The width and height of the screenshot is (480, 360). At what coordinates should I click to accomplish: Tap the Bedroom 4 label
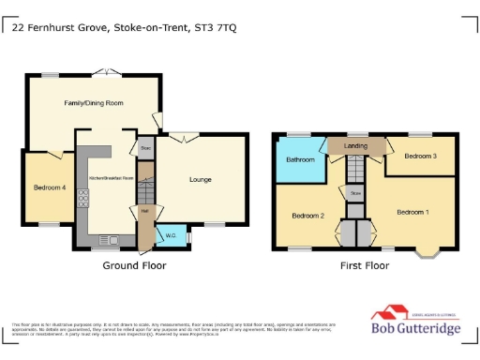[51, 187]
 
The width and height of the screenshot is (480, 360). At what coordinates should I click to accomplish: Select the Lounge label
[200, 179]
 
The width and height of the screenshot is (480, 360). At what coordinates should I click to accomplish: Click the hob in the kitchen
[82, 199]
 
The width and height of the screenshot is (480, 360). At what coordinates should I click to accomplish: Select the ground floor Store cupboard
[145, 148]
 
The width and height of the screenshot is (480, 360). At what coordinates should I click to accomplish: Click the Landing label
[355, 146]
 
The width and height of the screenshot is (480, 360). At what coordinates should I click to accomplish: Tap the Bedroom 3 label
[421, 157]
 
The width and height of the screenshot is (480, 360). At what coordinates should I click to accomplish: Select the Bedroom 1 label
[412, 212]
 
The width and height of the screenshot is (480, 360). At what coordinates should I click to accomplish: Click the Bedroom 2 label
[307, 216]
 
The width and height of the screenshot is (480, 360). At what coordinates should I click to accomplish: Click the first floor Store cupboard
[355, 193]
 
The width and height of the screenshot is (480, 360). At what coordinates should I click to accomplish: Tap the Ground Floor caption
[134, 265]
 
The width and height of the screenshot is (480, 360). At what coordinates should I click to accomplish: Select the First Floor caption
[364, 265]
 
